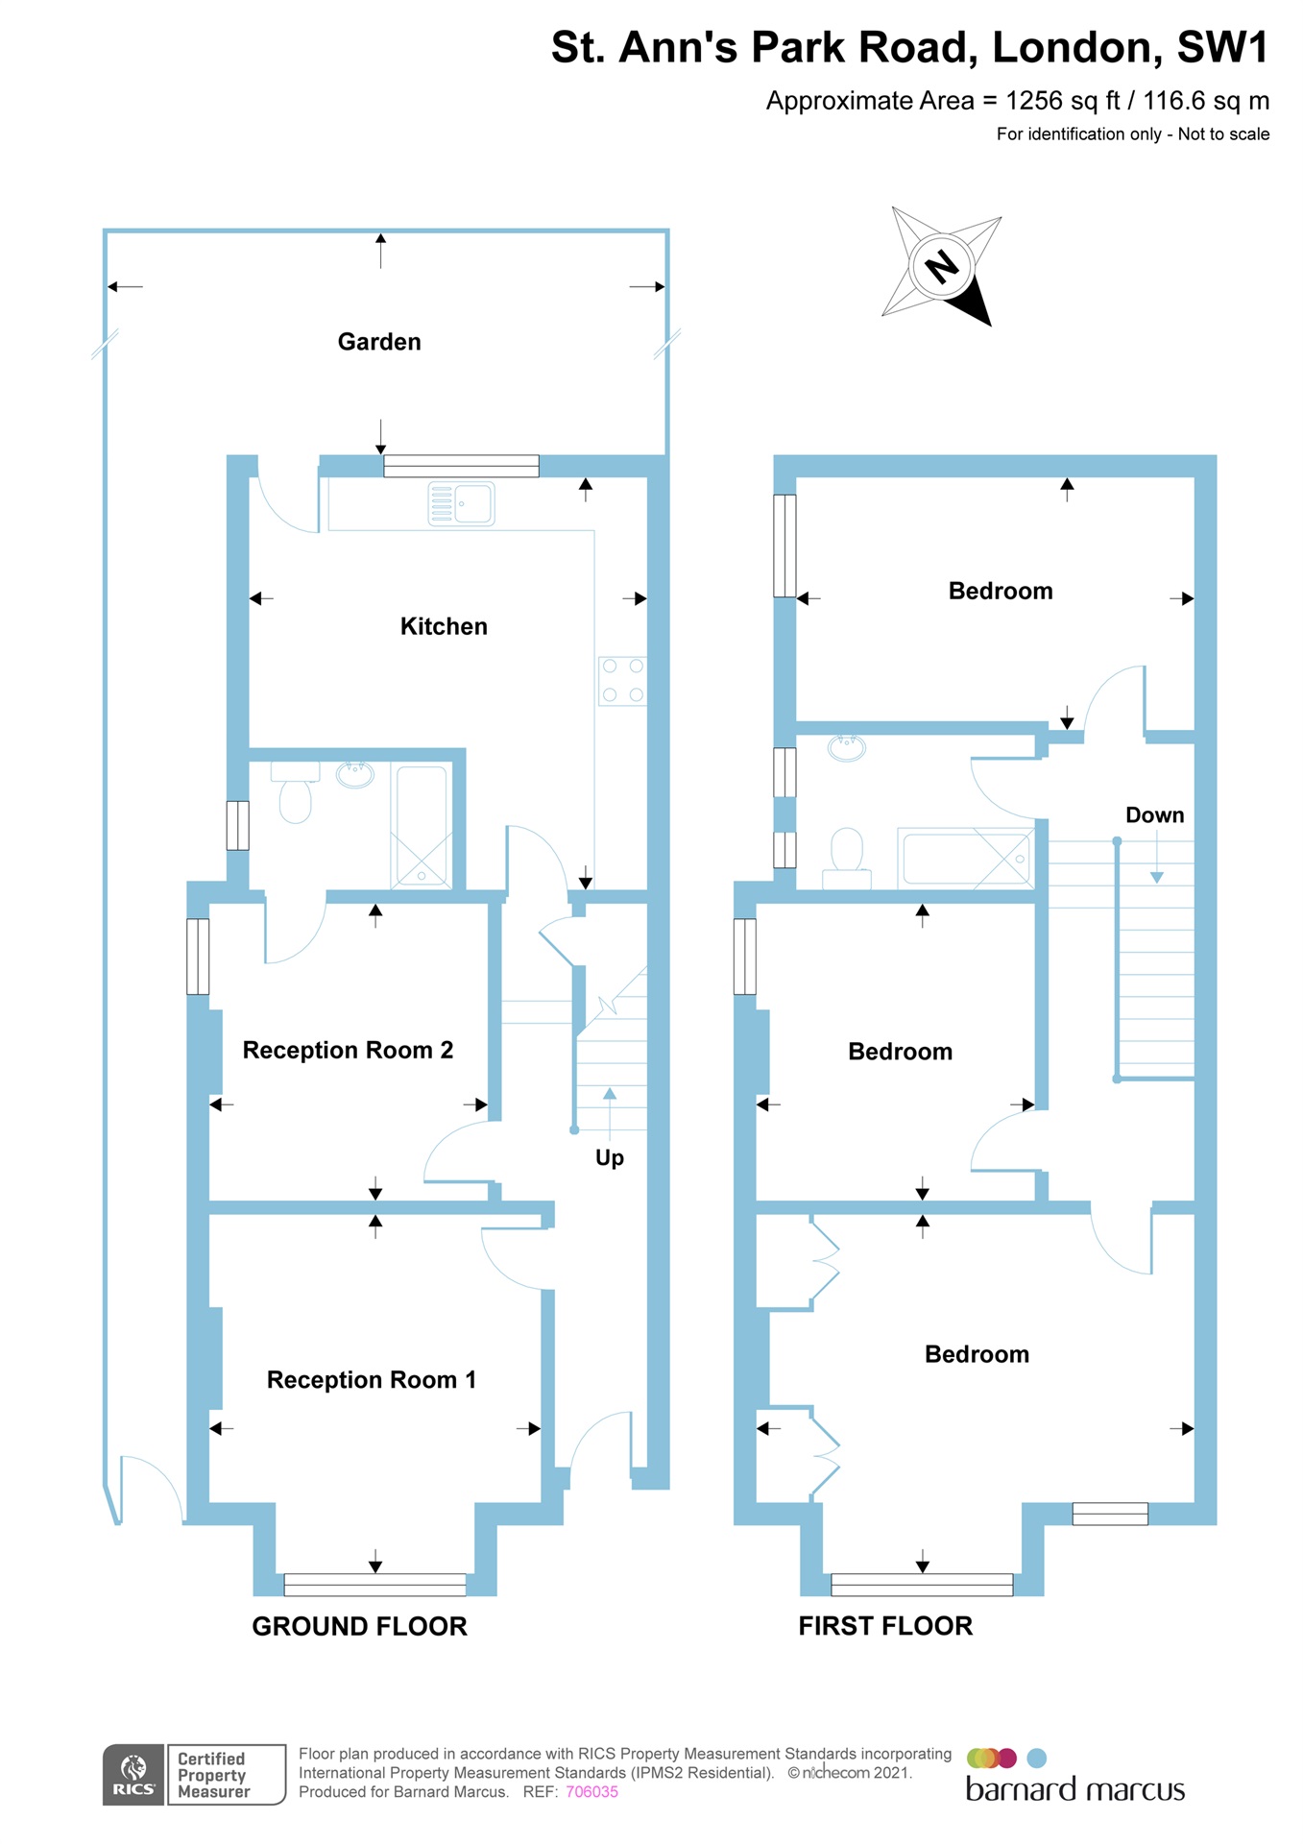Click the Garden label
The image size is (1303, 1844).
tap(379, 342)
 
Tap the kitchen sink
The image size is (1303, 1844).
tap(461, 503)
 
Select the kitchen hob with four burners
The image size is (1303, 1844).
tap(622, 680)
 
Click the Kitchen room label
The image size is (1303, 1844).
tap(444, 626)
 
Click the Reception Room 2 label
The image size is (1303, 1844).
tap(348, 1050)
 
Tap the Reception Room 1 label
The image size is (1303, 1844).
tap(371, 1379)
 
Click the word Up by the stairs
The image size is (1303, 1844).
tap(610, 1157)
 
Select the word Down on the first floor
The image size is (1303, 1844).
tap(1154, 814)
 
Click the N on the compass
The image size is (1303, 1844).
tap(941, 266)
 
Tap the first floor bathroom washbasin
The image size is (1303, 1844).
tap(846, 746)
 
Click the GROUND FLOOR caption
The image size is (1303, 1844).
tap(359, 1626)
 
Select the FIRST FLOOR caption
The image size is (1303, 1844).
tap(885, 1626)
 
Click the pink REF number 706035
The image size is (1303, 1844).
tap(591, 1791)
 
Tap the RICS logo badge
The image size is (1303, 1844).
tap(133, 1774)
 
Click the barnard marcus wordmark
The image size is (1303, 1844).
tap(1074, 1789)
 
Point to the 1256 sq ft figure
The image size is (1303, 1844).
tap(1062, 101)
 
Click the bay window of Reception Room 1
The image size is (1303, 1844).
tap(374, 1584)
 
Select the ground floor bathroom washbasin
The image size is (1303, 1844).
tap(354, 774)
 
